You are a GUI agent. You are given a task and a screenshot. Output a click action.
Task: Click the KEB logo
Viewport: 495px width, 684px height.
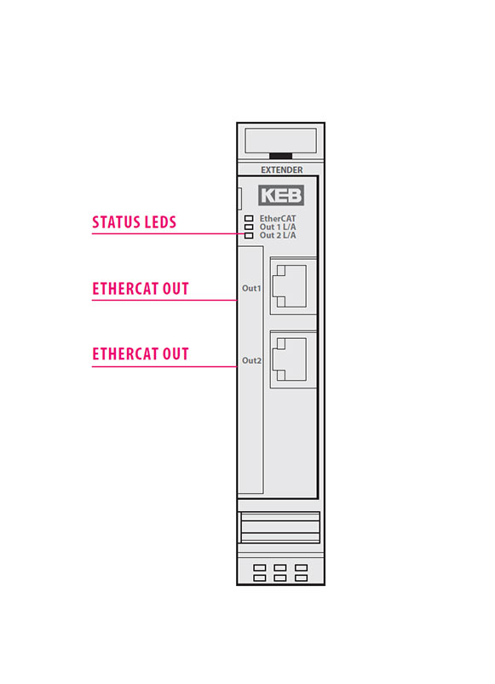[281, 195]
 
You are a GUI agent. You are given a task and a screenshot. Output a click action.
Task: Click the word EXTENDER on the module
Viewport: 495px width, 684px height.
[282, 170]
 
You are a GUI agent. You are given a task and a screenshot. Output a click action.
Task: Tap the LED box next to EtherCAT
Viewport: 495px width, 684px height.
[249, 218]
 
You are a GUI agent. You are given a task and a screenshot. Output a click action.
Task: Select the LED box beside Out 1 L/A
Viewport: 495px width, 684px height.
[249, 227]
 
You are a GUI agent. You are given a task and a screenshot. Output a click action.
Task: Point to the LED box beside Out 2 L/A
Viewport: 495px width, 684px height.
[249, 236]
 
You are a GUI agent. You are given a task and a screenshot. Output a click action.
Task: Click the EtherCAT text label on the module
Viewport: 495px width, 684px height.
[278, 218]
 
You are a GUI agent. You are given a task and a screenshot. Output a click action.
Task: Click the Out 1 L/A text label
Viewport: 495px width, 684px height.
[278, 227]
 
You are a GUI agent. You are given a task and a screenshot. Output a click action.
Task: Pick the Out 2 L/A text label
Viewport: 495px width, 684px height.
[278, 235]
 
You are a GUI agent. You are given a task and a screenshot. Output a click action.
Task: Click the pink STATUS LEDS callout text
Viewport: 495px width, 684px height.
[134, 222]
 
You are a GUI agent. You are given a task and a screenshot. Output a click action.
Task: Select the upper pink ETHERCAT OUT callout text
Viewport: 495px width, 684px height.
[141, 289]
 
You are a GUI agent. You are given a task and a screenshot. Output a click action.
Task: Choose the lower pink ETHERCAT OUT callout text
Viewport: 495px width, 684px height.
[141, 353]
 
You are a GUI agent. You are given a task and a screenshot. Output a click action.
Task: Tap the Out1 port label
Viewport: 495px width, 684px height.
[251, 289]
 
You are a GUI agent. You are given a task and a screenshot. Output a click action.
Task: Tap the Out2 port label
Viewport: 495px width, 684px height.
[251, 360]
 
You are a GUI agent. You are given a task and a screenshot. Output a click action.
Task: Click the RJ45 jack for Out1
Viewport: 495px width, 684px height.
[289, 286]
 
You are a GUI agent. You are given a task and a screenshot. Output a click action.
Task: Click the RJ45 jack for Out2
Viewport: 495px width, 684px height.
[289, 359]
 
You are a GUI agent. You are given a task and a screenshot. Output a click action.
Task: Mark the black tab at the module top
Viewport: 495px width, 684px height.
[281, 156]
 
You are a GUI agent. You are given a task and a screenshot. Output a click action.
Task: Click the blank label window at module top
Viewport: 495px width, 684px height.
[281, 141]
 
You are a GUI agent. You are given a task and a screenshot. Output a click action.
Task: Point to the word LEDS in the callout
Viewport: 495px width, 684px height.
[160, 222]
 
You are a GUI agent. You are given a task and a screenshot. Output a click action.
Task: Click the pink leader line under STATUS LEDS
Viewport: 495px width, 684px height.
[170, 233]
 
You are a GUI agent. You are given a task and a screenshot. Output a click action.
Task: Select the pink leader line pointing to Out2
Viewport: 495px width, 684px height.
[164, 366]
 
